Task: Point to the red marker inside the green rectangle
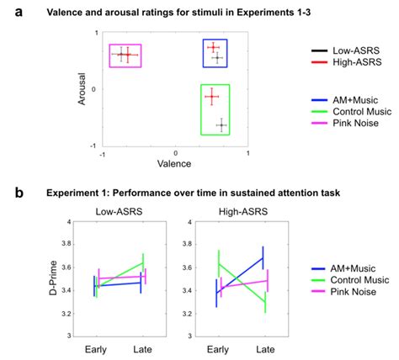click(x=212, y=98)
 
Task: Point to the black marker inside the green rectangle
click(x=221, y=125)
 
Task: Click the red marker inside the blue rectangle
click(x=213, y=47)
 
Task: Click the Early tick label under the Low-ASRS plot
click(x=95, y=348)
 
